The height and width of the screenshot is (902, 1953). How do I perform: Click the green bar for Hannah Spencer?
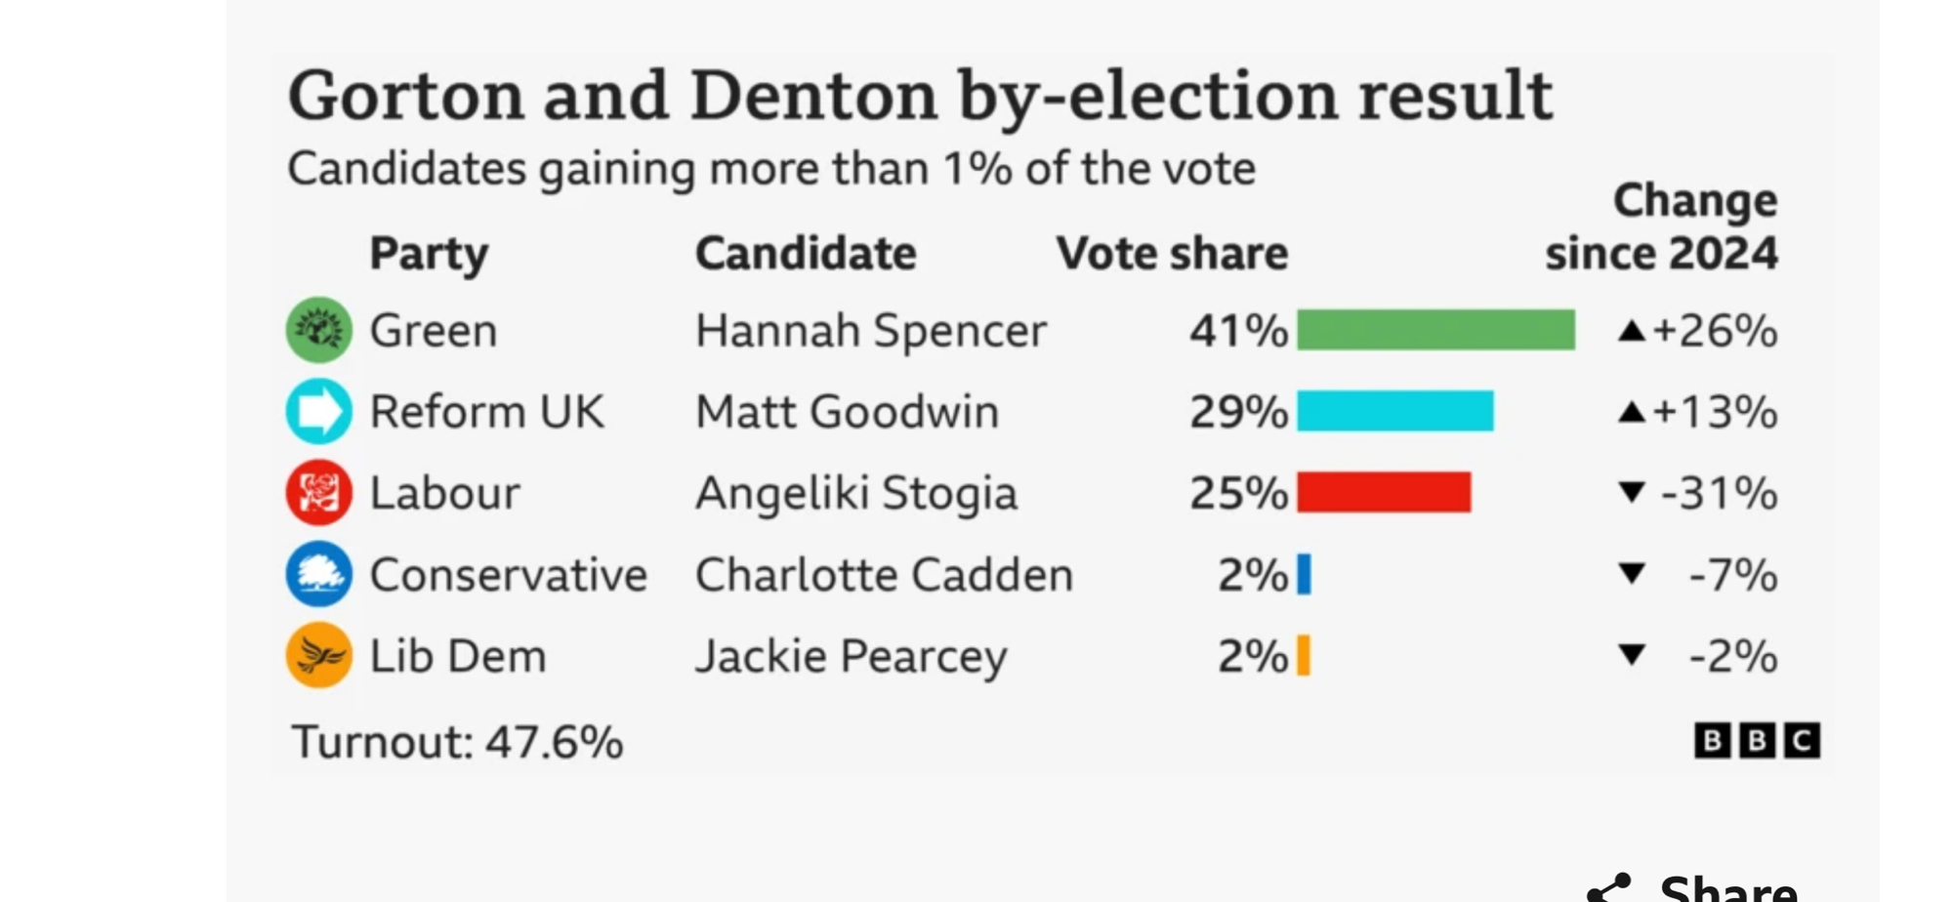point(1435,330)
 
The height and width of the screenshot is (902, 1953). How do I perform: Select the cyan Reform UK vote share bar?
point(1394,411)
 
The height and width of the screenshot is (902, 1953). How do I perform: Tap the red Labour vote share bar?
point(1384,492)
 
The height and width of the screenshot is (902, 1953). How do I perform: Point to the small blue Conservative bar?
point(1304,574)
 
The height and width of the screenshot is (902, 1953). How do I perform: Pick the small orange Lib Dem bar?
point(1303,655)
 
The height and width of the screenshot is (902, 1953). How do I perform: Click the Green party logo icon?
point(318,330)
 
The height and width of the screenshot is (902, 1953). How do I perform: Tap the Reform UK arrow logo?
point(318,411)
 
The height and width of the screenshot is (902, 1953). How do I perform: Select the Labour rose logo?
point(318,492)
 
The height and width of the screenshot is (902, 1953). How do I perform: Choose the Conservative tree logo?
point(318,574)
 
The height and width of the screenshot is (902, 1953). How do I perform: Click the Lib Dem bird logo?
point(318,655)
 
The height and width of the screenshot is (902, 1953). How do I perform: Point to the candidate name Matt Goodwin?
point(847,412)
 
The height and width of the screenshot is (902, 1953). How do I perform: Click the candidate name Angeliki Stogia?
point(855,493)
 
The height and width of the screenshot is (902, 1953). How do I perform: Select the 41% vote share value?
point(1237,331)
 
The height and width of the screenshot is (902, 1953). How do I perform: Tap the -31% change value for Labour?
point(1719,493)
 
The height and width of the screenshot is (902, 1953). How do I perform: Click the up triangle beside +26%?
point(1631,331)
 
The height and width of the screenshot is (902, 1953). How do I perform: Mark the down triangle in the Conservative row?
point(1631,573)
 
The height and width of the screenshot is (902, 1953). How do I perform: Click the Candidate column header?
point(806,254)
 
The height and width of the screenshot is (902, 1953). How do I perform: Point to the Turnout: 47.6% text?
point(457,742)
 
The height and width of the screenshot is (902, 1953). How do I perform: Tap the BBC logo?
point(1756,741)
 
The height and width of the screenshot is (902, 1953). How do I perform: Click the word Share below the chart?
point(1727,888)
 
